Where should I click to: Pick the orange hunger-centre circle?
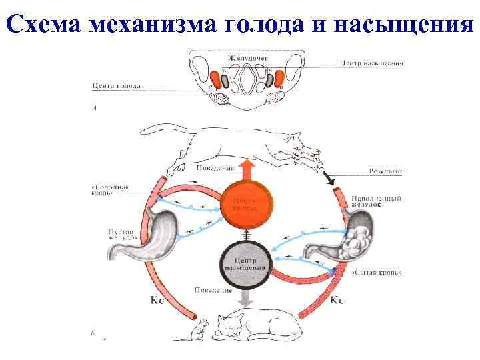247,203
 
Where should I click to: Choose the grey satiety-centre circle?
247,263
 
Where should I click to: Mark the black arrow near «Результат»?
329,178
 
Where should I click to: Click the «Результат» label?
385,171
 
